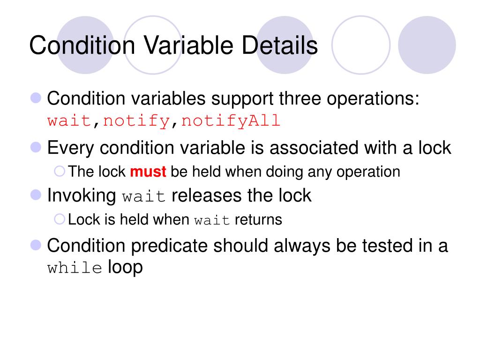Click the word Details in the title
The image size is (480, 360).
point(280,45)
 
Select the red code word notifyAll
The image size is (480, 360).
point(231,121)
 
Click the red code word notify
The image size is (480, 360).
point(136,121)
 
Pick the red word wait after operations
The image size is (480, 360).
point(69,121)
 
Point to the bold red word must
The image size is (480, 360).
point(148,172)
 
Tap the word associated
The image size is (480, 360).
point(309,148)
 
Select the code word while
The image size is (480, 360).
point(75,269)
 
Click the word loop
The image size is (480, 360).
point(125,267)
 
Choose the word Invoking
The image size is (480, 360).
point(82,195)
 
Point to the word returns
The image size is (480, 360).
point(258,219)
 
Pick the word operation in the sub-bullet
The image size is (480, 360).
point(371,172)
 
